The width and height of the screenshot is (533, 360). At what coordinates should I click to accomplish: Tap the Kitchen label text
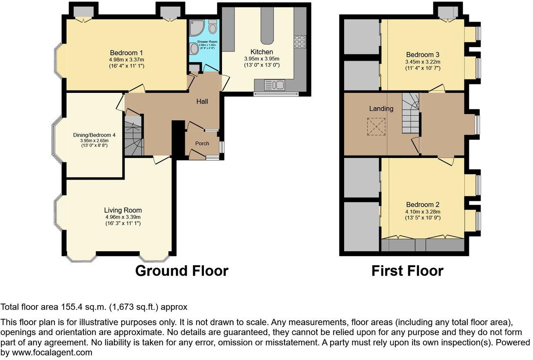pos(262,52)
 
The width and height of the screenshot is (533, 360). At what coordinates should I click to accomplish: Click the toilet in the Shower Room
pos(212,27)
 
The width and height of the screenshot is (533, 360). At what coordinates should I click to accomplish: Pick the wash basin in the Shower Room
pos(194,49)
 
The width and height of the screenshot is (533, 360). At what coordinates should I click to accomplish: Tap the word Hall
pos(202,101)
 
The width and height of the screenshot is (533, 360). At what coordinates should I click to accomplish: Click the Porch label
pos(202,143)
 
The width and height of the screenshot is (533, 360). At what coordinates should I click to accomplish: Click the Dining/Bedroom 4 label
pos(94,135)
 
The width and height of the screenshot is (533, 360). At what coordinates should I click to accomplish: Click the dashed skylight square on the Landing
pos(376,126)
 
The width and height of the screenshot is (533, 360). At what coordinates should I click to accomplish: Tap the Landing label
pos(381,108)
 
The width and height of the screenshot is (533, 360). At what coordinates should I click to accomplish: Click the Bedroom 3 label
pos(423,55)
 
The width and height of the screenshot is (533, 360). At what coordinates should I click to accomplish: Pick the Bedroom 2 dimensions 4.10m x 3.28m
pos(423,211)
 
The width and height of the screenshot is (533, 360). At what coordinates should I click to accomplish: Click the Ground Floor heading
pos(181,271)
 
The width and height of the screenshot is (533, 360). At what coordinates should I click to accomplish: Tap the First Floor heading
pos(407,271)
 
